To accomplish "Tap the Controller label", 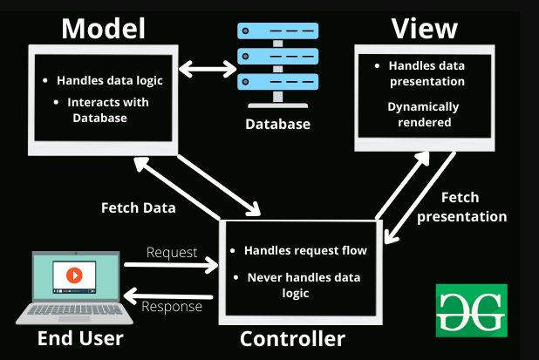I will tap(292, 338).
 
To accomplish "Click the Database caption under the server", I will tap(276, 124).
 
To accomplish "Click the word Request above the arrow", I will tap(171, 252).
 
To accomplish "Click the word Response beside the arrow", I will tap(173, 307).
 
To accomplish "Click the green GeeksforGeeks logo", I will tap(470, 309).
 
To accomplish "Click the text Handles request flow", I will tap(305, 250).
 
